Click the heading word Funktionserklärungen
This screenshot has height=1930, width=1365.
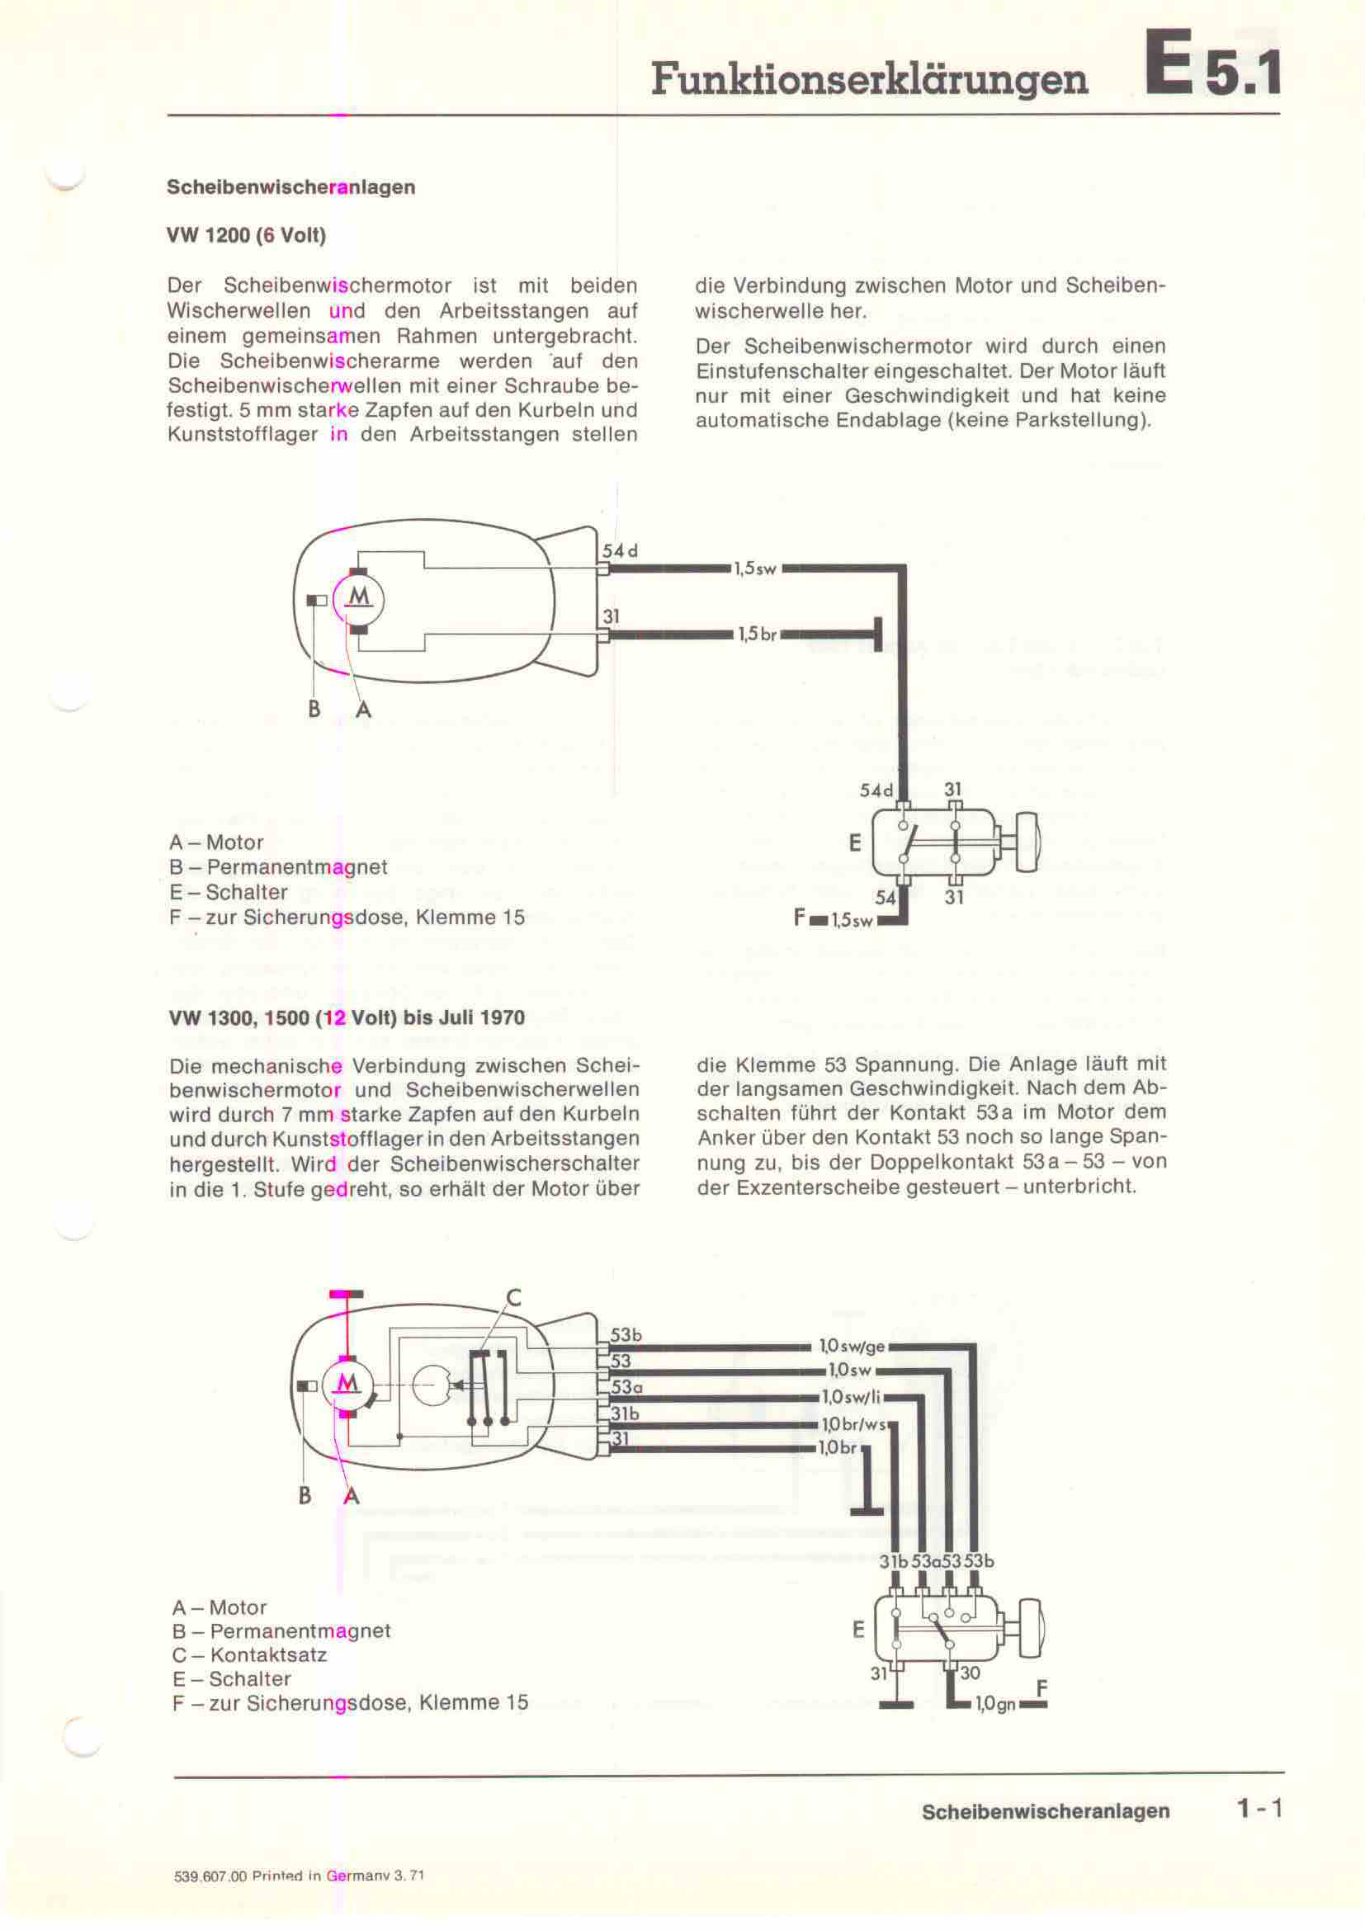coord(869,81)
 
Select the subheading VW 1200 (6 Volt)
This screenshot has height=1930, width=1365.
coord(246,235)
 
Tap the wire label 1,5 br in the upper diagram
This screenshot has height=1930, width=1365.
coord(758,635)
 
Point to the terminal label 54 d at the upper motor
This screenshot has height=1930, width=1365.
coord(621,551)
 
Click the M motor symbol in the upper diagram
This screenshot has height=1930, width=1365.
coord(360,597)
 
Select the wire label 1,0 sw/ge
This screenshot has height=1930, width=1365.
coord(853,1347)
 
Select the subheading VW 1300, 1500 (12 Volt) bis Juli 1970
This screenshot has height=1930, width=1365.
coord(347,1018)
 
